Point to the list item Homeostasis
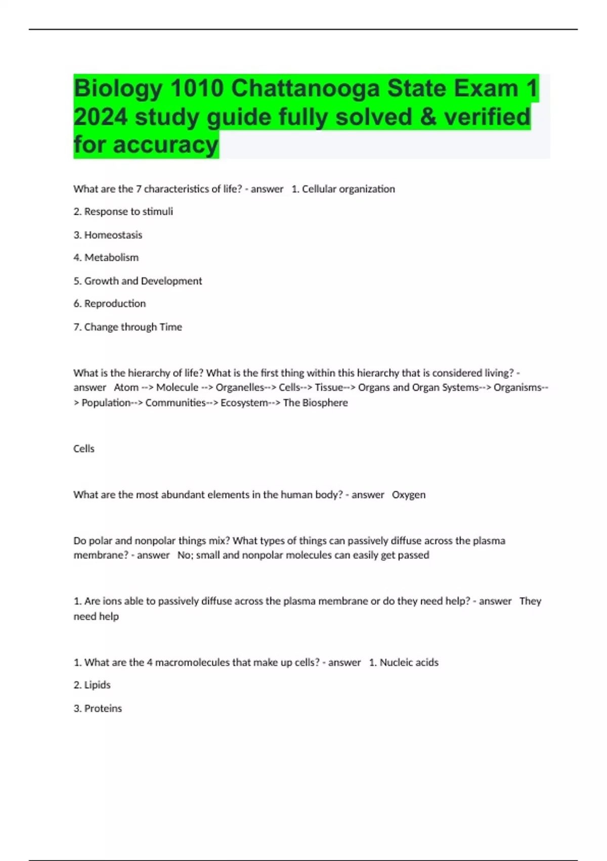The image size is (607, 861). pyautogui.click(x=113, y=235)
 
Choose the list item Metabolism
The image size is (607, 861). pyautogui.click(x=111, y=258)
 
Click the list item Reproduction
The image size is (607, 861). pyautogui.click(x=115, y=304)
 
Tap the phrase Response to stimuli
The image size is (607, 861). pyautogui.click(x=128, y=212)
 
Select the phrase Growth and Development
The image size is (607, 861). pyautogui.click(x=143, y=281)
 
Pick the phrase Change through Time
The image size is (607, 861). pyautogui.click(x=133, y=327)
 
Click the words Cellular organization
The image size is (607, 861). pyautogui.click(x=349, y=189)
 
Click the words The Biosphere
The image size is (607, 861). pyautogui.click(x=316, y=403)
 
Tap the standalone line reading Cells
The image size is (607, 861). pyautogui.click(x=84, y=449)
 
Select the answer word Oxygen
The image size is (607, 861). pyautogui.click(x=409, y=495)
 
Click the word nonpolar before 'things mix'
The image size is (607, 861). pyautogui.click(x=155, y=541)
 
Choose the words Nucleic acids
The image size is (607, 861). pyautogui.click(x=409, y=662)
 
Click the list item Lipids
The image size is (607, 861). pyautogui.click(x=97, y=685)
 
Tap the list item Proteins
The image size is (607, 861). pyautogui.click(x=103, y=709)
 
